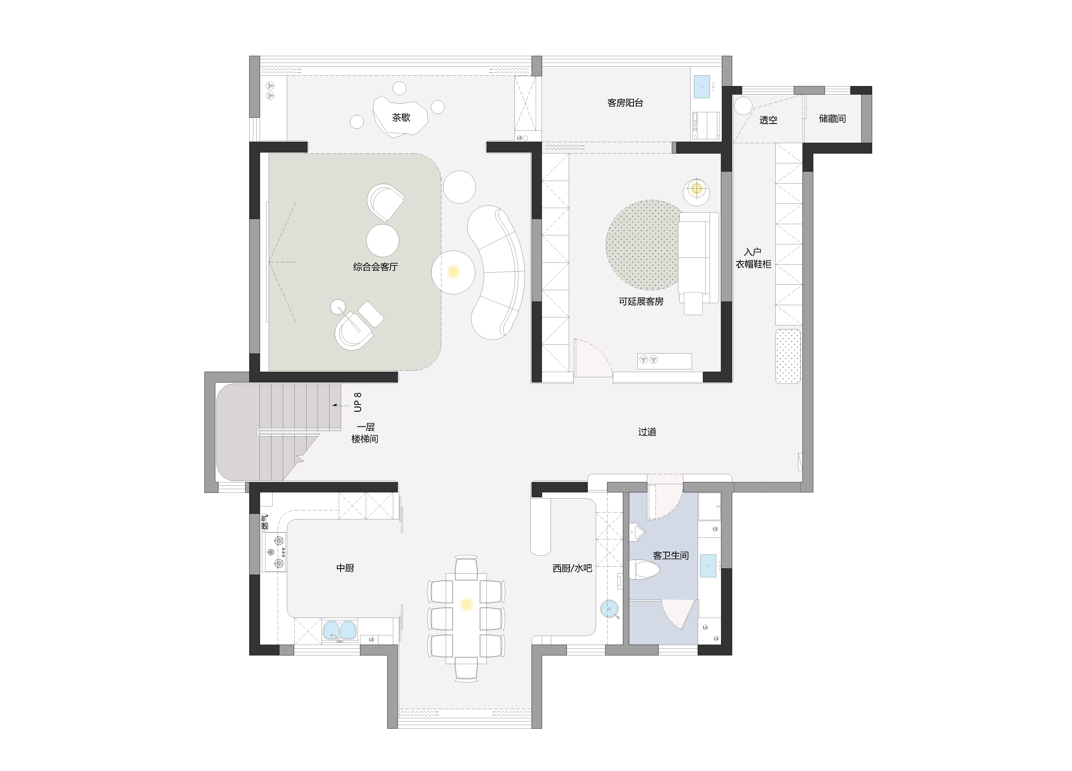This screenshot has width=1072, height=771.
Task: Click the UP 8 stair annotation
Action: pyautogui.click(x=358, y=402)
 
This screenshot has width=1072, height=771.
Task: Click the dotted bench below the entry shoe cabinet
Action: pyautogui.click(x=788, y=356)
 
